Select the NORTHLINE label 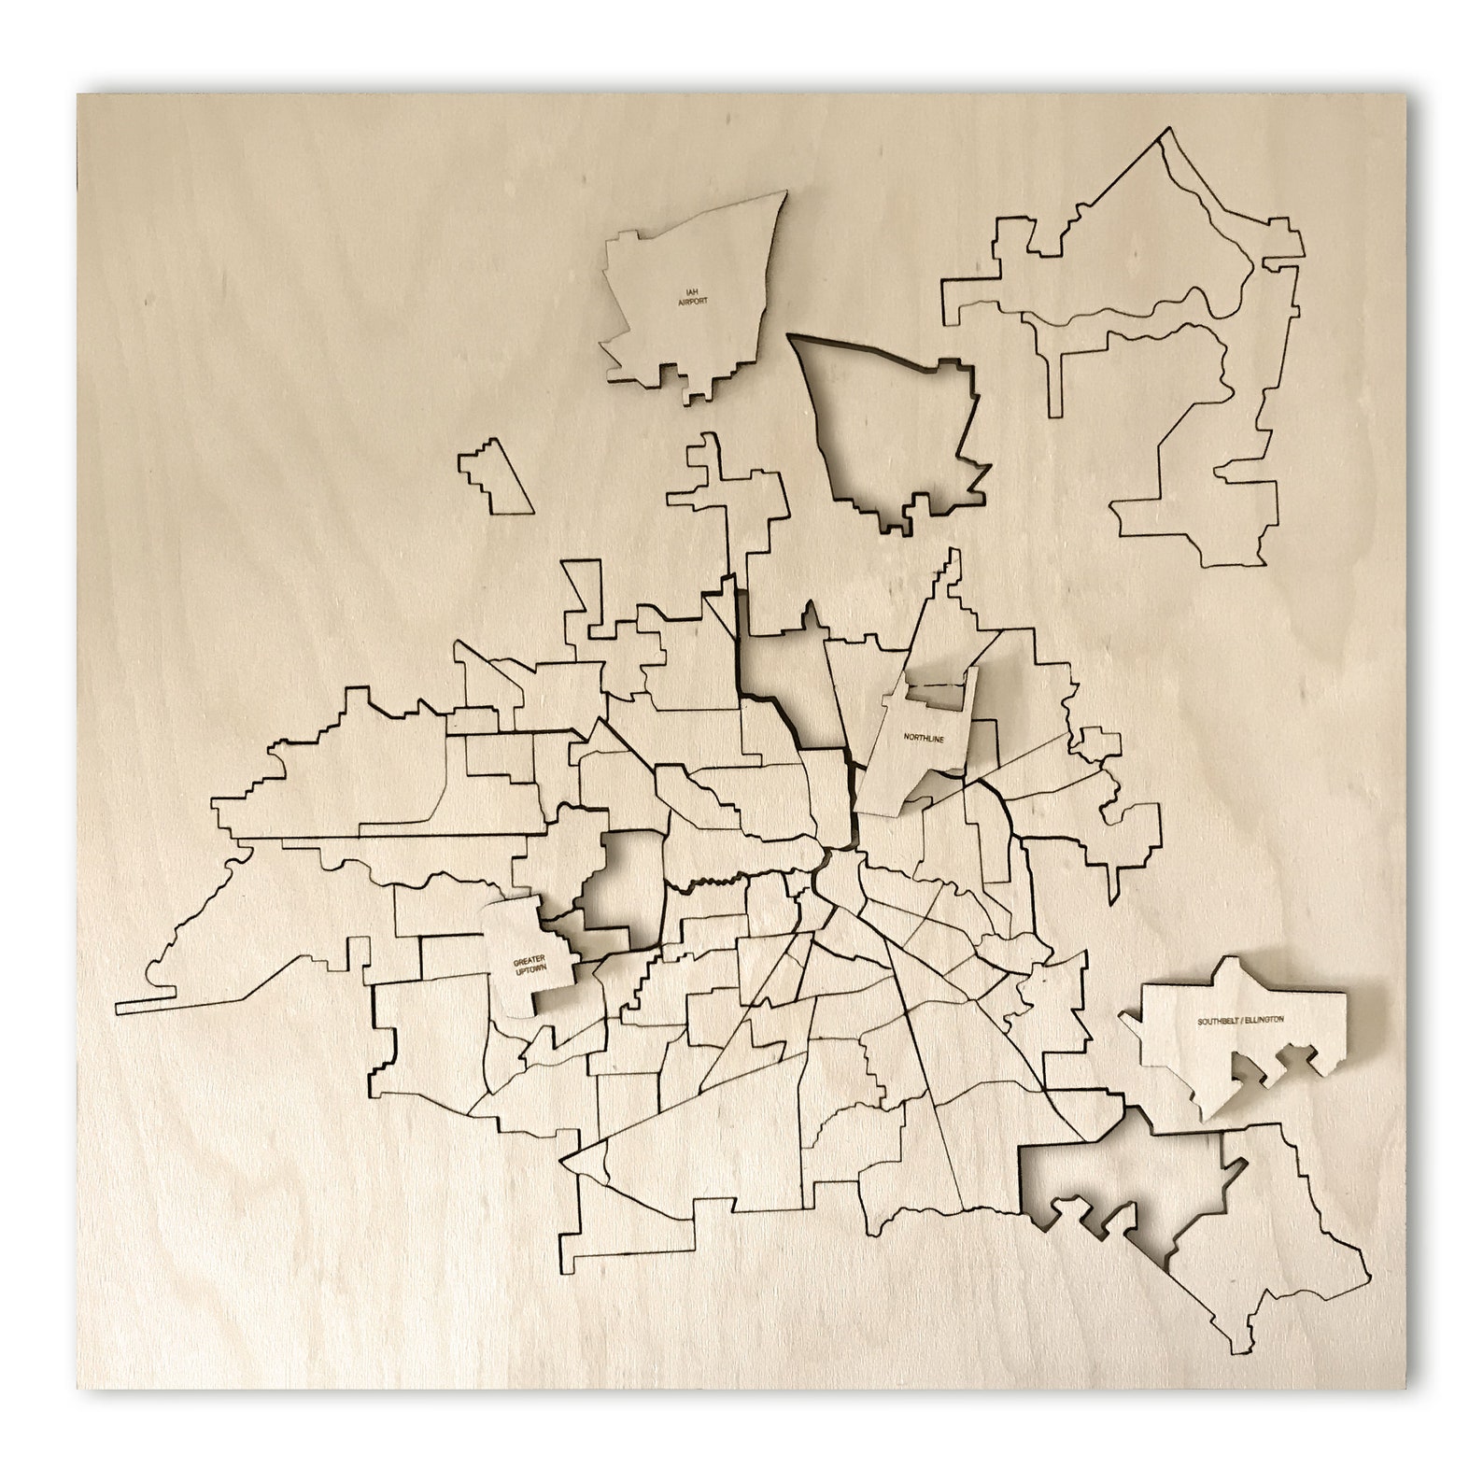924,738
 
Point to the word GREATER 529,960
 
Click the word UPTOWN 529,971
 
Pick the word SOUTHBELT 1220,1021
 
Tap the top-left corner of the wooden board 78,95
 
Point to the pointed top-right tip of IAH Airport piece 784,193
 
